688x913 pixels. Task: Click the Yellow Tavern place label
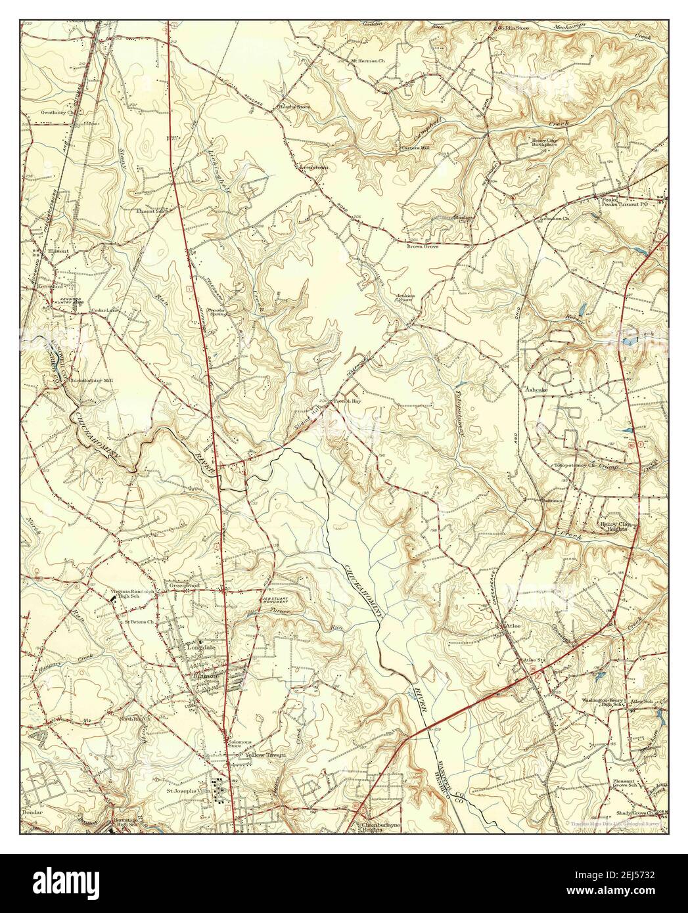coord(265,755)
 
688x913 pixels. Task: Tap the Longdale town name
coord(202,645)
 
